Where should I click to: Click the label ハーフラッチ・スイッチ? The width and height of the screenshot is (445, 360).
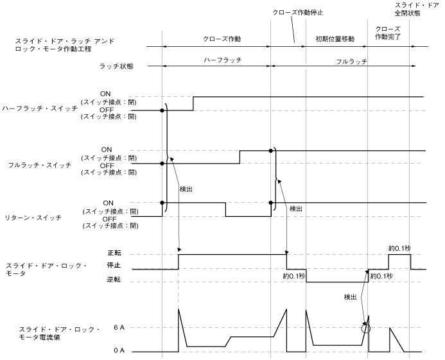40,110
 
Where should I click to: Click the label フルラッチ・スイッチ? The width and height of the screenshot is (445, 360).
40,164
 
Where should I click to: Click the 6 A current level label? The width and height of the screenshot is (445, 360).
119,328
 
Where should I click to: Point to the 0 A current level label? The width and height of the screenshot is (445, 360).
119,350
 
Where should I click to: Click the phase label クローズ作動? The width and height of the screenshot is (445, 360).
217,40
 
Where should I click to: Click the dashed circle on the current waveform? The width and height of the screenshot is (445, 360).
366,328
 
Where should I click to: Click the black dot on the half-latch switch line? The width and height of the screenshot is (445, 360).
162,110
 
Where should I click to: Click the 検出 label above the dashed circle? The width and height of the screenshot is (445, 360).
351,296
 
